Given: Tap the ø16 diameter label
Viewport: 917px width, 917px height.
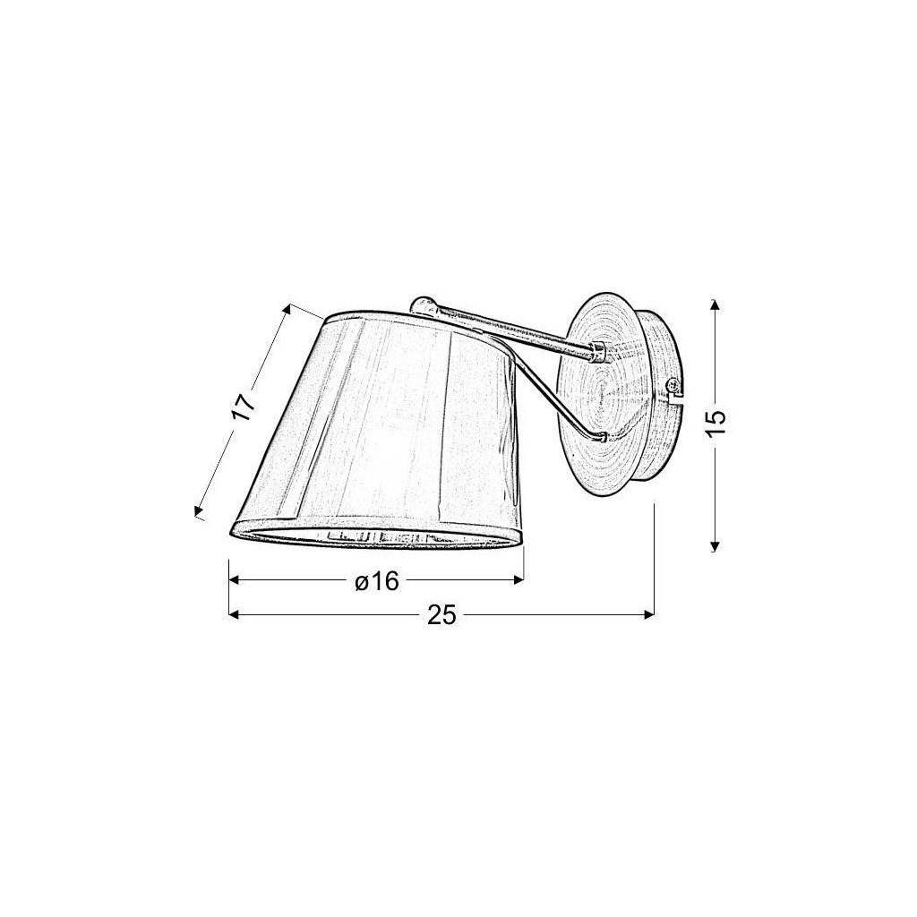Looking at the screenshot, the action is (x=377, y=581).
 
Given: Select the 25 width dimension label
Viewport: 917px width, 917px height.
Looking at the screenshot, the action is (x=441, y=614).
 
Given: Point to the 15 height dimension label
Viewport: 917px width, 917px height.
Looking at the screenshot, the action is (x=716, y=421).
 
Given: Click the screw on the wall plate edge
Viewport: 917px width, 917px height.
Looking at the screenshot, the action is (x=673, y=385).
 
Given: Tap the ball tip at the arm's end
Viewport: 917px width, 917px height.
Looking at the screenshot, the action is (x=421, y=305).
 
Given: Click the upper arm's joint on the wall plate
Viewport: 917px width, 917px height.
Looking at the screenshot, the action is (x=599, y=352).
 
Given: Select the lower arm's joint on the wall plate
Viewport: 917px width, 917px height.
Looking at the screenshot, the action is (x=600, y=436).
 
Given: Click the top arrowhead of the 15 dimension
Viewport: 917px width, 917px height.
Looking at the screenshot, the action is (x=714, y=304).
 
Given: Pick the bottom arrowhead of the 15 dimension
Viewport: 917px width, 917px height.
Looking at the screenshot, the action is (x=714, y=545).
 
